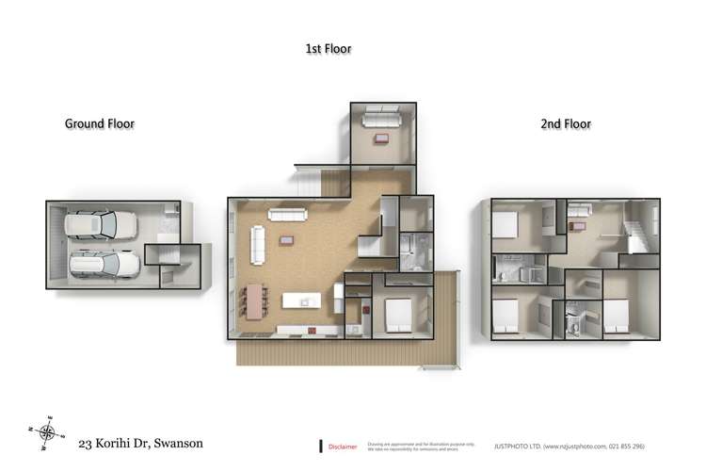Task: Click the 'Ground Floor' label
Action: pyautogui.click(x=100, y=123)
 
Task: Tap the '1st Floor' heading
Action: pyautogui.click(x=329, y=48)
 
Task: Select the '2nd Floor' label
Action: pyautogui.click(x=566, y=123)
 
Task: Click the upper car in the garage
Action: pyautogui.click(x=100, y=225)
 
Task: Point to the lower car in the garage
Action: pyautogui.click(x=104, y=264)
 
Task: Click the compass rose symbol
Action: pyautogui.click(x=47, y=431)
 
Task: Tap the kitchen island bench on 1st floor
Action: pyautogui.click(x=301, y=301)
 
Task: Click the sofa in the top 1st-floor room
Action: pyautogui.click(x=381, y=120)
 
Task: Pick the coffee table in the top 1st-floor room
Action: pyautogui.click(x=381, y=139)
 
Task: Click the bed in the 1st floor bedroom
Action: pyautogui.click(x=398, y=312)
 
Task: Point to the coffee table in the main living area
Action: pyautogui.click(x=285, y=240)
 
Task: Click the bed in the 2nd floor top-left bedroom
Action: pyautogui.click(x=505, y=225)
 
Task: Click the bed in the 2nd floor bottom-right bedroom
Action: pyautogui.click(x=614, y=314)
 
